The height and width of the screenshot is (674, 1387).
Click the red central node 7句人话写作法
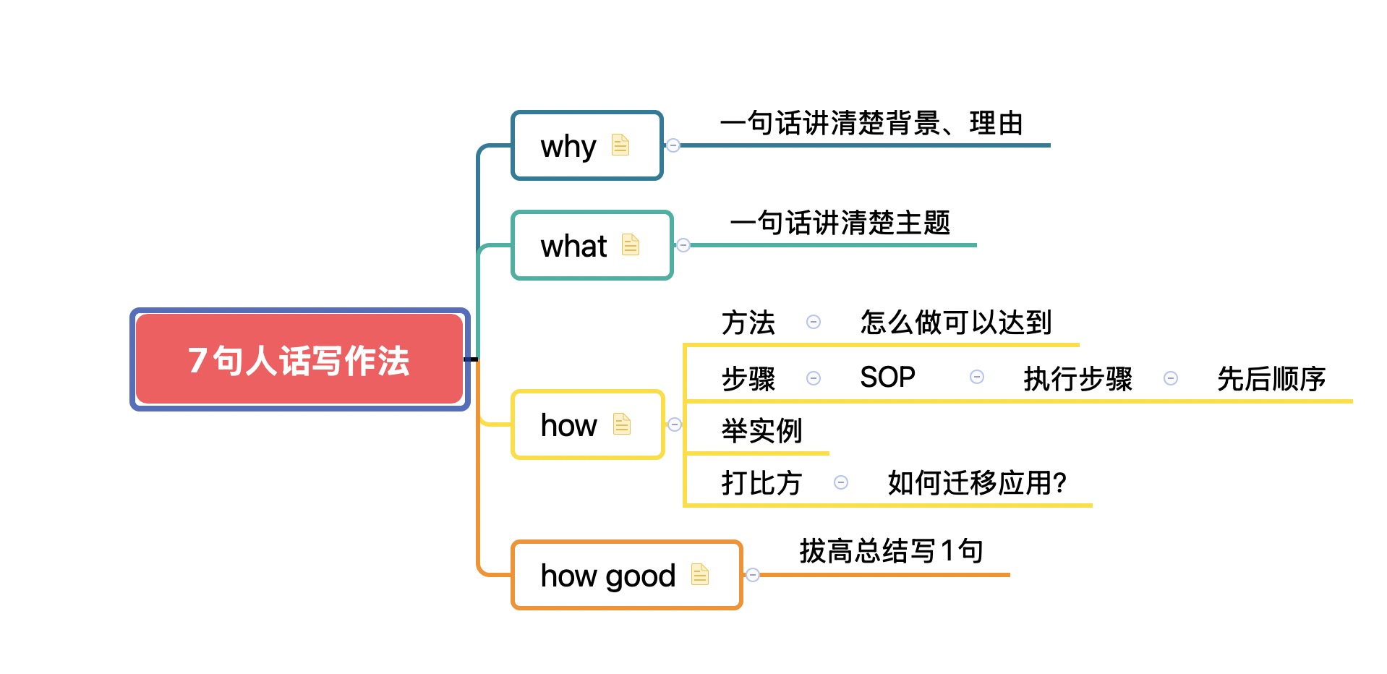pos(299,359)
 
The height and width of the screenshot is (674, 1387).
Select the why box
pos(587,145)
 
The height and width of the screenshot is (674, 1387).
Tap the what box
pos(592,245)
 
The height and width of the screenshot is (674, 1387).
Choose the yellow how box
pos(588,425)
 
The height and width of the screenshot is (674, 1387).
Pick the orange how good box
pos(627,575)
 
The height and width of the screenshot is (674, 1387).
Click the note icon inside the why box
pos(620,145)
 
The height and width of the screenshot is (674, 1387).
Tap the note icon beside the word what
pos(631,244)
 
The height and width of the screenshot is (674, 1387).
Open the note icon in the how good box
pos(700,574)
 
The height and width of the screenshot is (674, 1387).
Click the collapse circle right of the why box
pos(673,145)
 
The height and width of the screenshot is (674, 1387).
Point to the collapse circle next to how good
pos(753,575)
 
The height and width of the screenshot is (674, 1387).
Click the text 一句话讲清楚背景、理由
pos(871,124)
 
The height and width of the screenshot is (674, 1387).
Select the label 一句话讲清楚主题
pos(840,223)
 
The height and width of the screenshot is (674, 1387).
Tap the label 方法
pos(748,323)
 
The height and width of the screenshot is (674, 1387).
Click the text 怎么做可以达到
pos(956,323)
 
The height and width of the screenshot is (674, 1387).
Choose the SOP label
pos(887,377)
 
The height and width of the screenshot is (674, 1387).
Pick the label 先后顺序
pos(1271,379)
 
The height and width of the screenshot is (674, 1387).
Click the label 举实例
pos(762,431)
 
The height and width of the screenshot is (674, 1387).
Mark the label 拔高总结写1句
pos(891,551)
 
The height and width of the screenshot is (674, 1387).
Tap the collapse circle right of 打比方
pos(841,482)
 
